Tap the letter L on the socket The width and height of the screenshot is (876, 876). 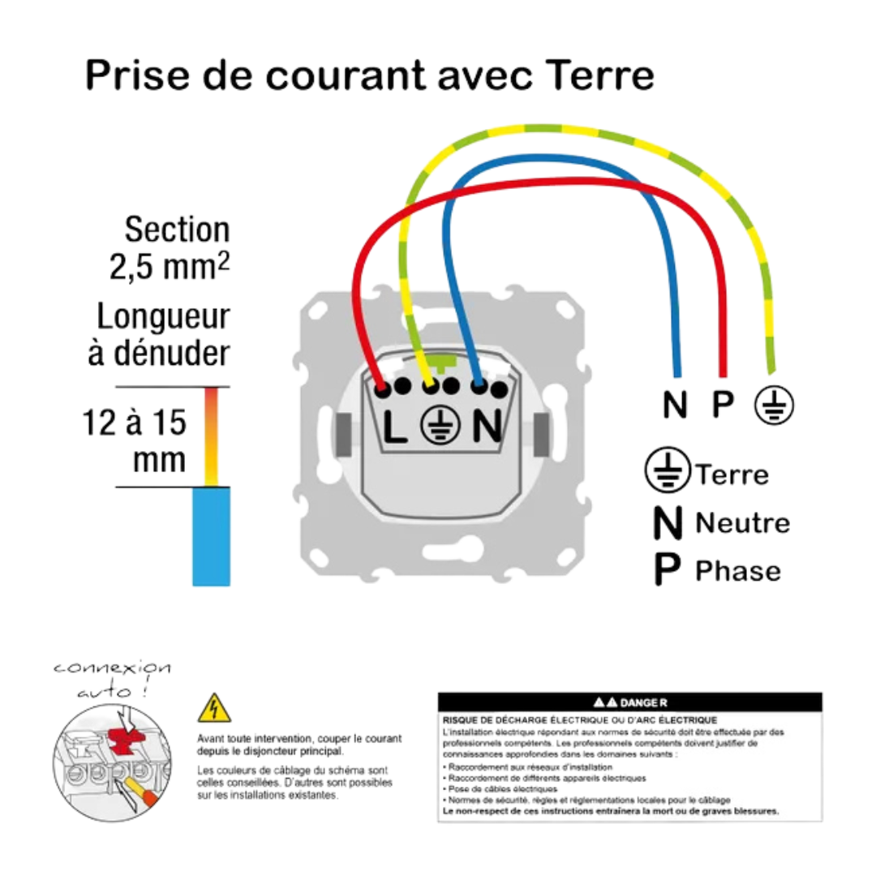coord(396,426)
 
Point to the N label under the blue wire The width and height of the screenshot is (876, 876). coord(674,405)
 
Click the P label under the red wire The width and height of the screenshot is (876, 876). coord(720,405)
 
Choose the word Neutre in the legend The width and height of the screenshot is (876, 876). coord(742,523)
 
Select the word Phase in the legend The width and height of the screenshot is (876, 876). coord(738,571)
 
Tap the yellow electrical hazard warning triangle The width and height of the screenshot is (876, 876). coord(214,709)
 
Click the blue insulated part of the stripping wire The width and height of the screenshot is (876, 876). coord(213,536)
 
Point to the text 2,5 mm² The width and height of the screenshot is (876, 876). coord(170,268)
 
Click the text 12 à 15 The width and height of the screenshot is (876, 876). coord(135,423)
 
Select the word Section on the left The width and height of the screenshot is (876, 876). coord(177,230)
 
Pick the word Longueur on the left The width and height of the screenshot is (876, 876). coord(163,316)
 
